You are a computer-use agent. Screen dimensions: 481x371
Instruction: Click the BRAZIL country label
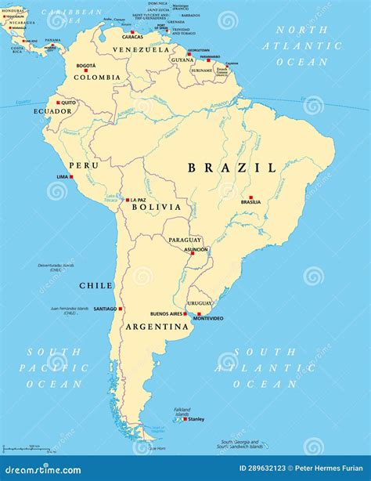(x=232, y=168)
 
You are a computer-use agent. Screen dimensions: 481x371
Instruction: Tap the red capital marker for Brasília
(x=250, y=197)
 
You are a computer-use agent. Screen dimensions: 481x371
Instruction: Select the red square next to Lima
(x=71, y=176)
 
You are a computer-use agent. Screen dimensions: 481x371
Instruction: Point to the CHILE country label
(x=96, y=286)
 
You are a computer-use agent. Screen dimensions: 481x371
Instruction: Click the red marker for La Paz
(x=126, y=200)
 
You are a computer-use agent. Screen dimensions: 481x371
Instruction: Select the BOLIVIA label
(x=157, y=208)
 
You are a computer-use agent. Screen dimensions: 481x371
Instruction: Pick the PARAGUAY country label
(x=185, y=240)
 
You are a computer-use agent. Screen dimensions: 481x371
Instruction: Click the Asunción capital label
(x=196, y=249)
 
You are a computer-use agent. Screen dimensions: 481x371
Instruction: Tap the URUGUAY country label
(x=200, y=303)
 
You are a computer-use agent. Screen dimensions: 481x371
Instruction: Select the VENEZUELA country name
(x=141, y=49)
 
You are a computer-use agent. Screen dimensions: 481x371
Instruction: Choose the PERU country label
(x=84, y=165)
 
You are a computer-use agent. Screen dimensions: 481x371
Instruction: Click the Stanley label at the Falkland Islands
(x=196, y=419)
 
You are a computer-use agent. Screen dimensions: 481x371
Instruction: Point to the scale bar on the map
(x=31, y=448)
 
